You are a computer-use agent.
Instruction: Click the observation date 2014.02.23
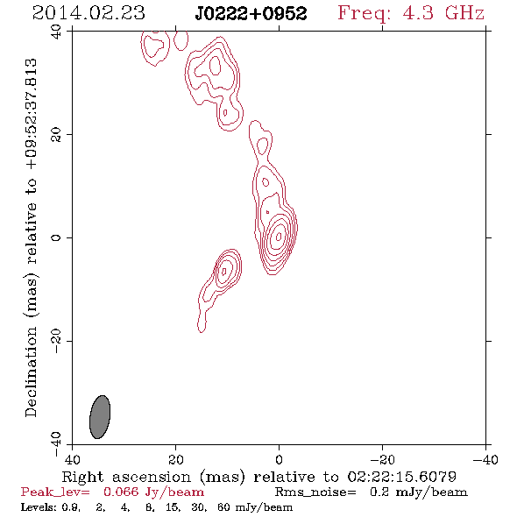(89, 13)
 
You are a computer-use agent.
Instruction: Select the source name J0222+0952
(251, 13)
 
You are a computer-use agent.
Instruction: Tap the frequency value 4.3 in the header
(418, 13)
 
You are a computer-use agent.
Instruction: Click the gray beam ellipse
(100, 417)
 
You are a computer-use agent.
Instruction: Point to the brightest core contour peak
(279, 236)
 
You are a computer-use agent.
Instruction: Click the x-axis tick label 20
(175, 459)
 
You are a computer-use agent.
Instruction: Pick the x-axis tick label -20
(382, 459)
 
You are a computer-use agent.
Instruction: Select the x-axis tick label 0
(279, 459)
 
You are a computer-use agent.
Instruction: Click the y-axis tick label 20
(56, 135)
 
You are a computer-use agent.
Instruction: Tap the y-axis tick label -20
(56, 341)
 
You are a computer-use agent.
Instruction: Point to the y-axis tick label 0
(56, 237)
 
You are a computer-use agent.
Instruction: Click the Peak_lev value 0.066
(121, 492)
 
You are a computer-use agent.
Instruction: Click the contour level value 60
(223, 506)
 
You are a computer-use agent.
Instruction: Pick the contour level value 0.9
(70, 506)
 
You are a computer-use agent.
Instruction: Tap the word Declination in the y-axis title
(31, 372)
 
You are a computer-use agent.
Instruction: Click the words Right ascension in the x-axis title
(126, 477)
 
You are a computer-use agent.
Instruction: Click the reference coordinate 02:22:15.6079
(401, 477)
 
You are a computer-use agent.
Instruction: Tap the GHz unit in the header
(464, 13)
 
